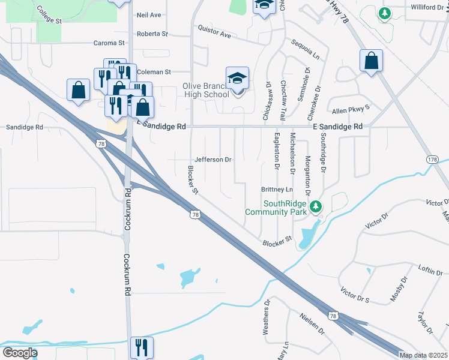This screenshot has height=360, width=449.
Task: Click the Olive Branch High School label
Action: pos(205,90)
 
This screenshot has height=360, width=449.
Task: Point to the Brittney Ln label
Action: pos(276,189)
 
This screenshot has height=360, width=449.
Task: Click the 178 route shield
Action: pos(432,159)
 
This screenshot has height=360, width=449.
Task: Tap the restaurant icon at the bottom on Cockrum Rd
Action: pos(142,347)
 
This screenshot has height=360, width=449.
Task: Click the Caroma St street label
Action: pos(109,43)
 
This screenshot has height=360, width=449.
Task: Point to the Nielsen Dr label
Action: pos(313,325)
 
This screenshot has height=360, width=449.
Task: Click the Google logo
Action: pos(19,352)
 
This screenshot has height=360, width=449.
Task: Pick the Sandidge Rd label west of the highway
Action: pos(25,127)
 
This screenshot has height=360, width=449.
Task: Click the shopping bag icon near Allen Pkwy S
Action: pos(372,61)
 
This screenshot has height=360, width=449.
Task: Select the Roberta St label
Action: pos(152,34)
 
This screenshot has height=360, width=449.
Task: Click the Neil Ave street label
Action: pos(149,14)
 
